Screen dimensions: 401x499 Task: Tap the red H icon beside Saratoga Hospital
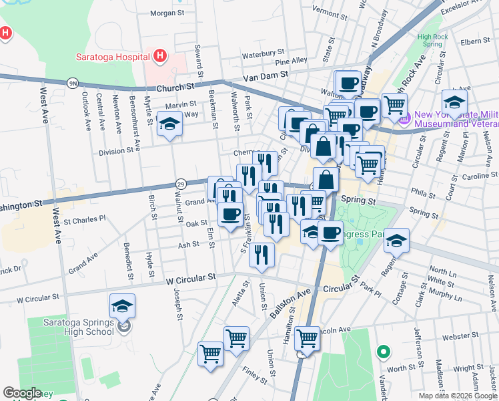159,55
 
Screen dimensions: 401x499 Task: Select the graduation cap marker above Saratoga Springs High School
123,306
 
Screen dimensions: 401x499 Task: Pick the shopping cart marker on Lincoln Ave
307,339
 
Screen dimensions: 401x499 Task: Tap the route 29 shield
180,183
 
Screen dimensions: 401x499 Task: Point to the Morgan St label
167,13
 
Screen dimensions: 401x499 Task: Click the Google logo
22,393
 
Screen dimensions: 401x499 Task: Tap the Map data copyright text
458,396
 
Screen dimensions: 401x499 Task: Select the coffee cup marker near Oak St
231,214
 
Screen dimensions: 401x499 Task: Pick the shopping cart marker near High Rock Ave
394,104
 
